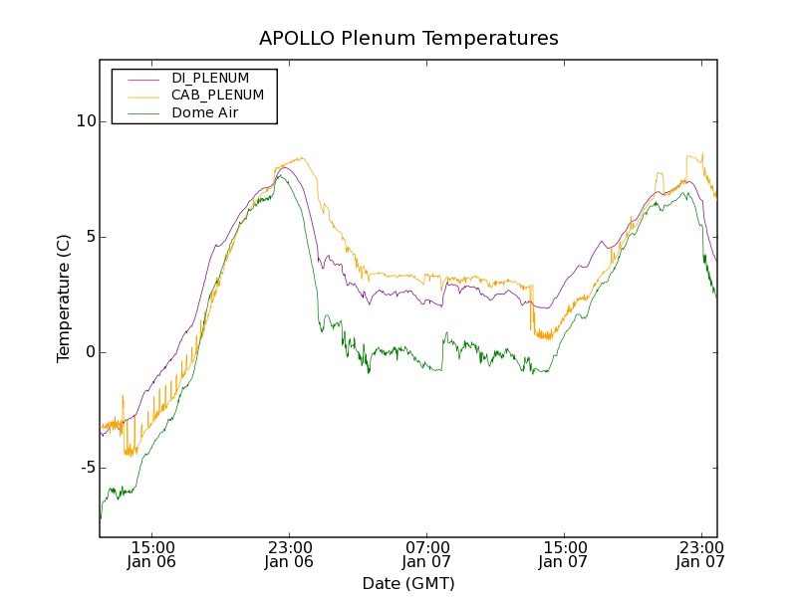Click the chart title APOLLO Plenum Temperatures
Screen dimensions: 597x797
pyautogui.click(x=408, y=39)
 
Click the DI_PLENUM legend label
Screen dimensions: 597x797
pyautogui.click(x=210, y=78)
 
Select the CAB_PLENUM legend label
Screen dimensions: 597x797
pyautogui.click(x=217, y=96)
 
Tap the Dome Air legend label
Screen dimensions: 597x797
pyautogui.click(x=205, y=112)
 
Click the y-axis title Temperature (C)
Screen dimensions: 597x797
pyautogui.click(x=64, y=298)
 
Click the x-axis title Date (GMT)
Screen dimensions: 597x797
pyautogui.click(x=408, y=583)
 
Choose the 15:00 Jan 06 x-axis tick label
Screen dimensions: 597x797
pyautogui.click(x=152, y=554)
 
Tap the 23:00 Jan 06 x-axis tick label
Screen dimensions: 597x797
pyautogui.click(x=289, y=554)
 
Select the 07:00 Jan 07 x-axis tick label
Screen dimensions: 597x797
pyautogui.click(x=426, y=554)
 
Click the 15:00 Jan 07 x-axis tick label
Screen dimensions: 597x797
pyautogui.click(x=563, y=554)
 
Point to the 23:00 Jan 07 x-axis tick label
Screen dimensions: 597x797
pyautogui.click(x=699, y=554)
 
